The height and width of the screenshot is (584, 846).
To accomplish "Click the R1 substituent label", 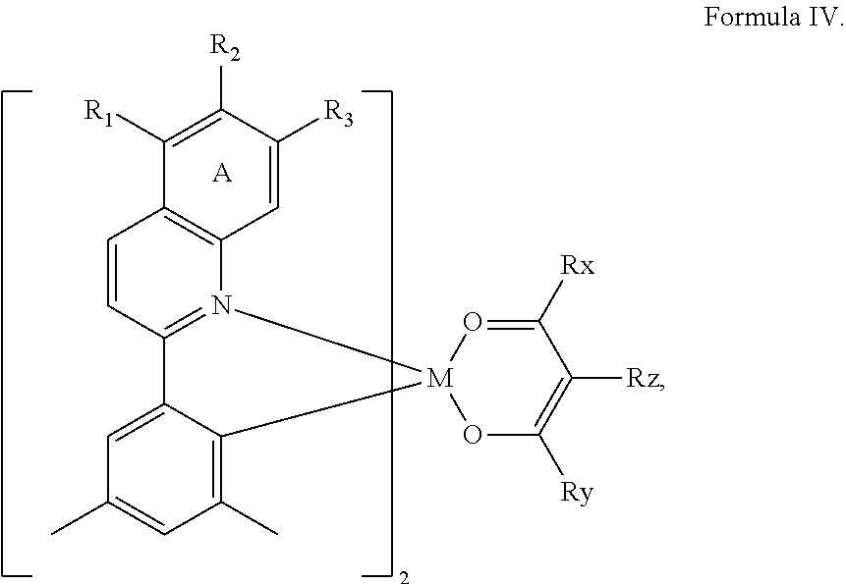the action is pos(98,111).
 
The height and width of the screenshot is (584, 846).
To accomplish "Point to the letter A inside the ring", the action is pos(222,174).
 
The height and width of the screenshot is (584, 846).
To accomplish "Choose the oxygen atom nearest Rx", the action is pos(473,322).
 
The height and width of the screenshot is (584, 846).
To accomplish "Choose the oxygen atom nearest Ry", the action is pos(473,433).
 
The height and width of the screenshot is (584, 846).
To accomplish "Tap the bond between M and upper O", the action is pos(453,349).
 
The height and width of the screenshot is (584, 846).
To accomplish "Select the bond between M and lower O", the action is pos(453,405).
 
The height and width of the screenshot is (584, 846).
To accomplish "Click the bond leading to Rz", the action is pos(593,377).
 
